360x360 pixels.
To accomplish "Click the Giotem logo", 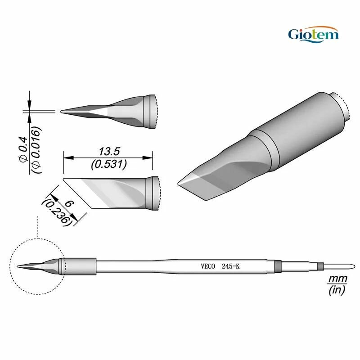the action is (x=313, y=35).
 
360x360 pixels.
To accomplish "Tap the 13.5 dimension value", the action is (x=109, y=152).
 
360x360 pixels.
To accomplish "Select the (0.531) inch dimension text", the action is (x=109, y=164).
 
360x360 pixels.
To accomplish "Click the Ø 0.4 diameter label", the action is (x=23, y=149).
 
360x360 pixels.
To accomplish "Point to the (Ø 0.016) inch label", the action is (x=36, y=149).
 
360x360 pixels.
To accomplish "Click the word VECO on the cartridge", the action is (x=208, y=266).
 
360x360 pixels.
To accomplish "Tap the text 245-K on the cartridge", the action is (x=230, y=266).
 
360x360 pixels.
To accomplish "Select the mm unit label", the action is (x=337, y=279).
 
